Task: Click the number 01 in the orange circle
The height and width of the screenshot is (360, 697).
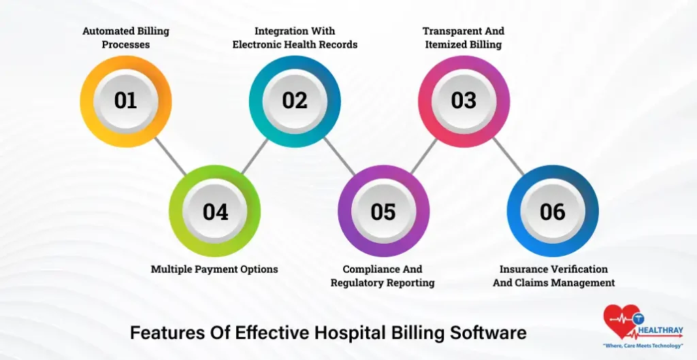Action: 125,101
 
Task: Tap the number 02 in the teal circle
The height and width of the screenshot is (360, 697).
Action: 295,101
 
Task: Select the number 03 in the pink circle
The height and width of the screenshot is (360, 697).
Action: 464,101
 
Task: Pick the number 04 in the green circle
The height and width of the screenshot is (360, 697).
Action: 215,212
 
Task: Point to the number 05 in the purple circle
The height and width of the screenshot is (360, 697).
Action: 383,212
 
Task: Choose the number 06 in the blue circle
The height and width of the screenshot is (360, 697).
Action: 553,212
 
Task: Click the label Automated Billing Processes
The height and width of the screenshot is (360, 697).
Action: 125,38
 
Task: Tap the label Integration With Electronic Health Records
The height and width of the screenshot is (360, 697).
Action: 295,38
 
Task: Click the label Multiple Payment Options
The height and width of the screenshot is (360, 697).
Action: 214,269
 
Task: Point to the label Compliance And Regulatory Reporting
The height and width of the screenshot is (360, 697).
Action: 383,276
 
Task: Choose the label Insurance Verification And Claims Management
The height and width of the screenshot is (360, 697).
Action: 553,276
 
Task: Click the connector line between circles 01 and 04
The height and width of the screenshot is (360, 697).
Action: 170,156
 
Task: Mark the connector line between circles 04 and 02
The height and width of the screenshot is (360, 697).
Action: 255,156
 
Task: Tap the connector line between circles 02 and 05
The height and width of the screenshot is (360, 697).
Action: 339,156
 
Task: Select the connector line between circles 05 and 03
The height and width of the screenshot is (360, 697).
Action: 423,156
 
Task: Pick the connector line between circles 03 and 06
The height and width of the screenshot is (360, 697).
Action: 508,156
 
